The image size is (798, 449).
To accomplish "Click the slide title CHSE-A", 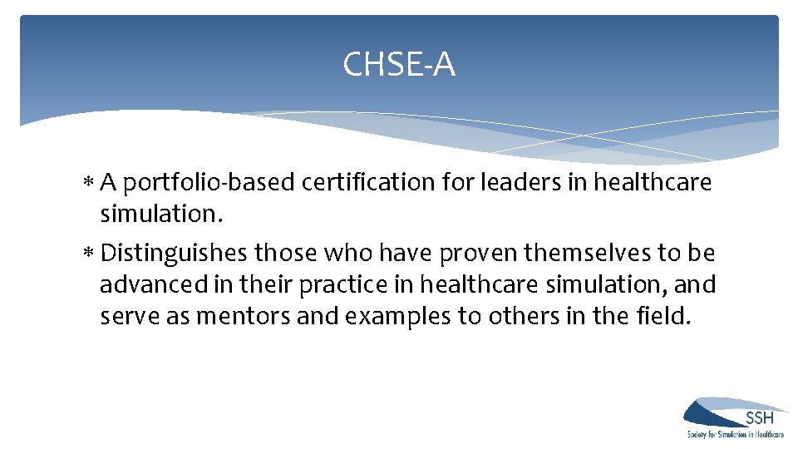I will click(399, 64).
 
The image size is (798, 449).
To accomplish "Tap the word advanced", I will click(155, 284).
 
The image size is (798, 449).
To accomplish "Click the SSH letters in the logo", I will click(760, 417).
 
